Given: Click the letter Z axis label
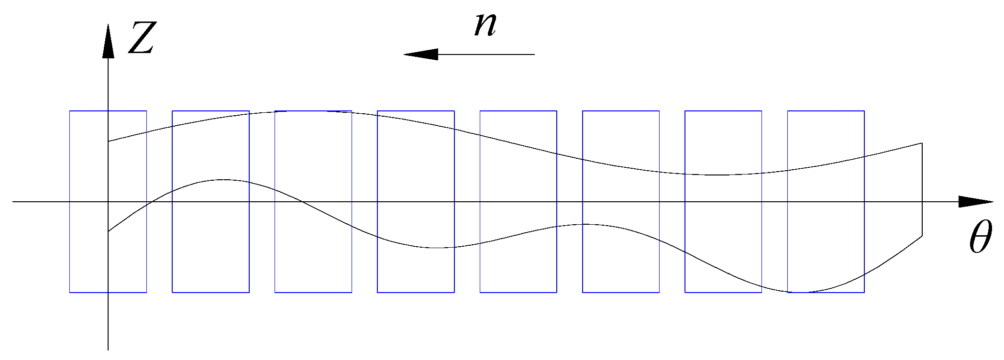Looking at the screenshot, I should coord(142,38).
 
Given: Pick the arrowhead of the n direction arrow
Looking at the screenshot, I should coord(421,55).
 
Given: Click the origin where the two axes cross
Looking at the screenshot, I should coord(108,202).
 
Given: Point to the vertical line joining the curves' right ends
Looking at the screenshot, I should coord(922,189).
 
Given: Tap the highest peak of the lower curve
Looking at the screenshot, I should coord(223,180).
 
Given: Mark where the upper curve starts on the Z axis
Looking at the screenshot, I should coord(109,141).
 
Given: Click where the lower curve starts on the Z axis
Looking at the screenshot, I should coord(109,231).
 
